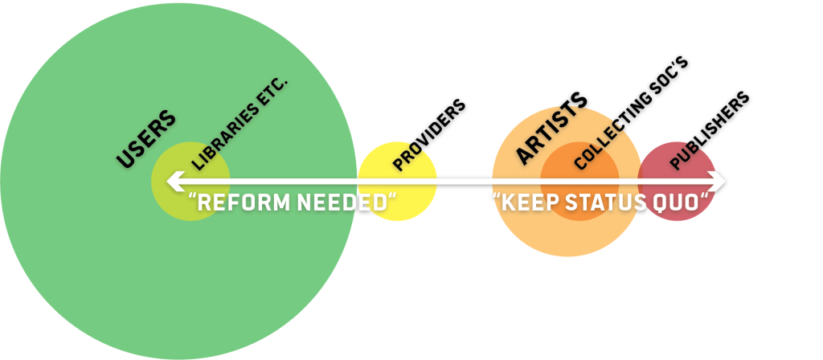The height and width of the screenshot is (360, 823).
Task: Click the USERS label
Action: (x=145, y=138)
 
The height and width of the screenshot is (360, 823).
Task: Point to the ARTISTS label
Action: (x=551, y=128)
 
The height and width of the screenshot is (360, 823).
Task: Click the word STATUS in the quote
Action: (x=605, y=202)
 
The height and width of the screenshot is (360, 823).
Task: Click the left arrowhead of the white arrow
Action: (x=171, y=182)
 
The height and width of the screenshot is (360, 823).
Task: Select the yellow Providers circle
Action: (x=397, y=197)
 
